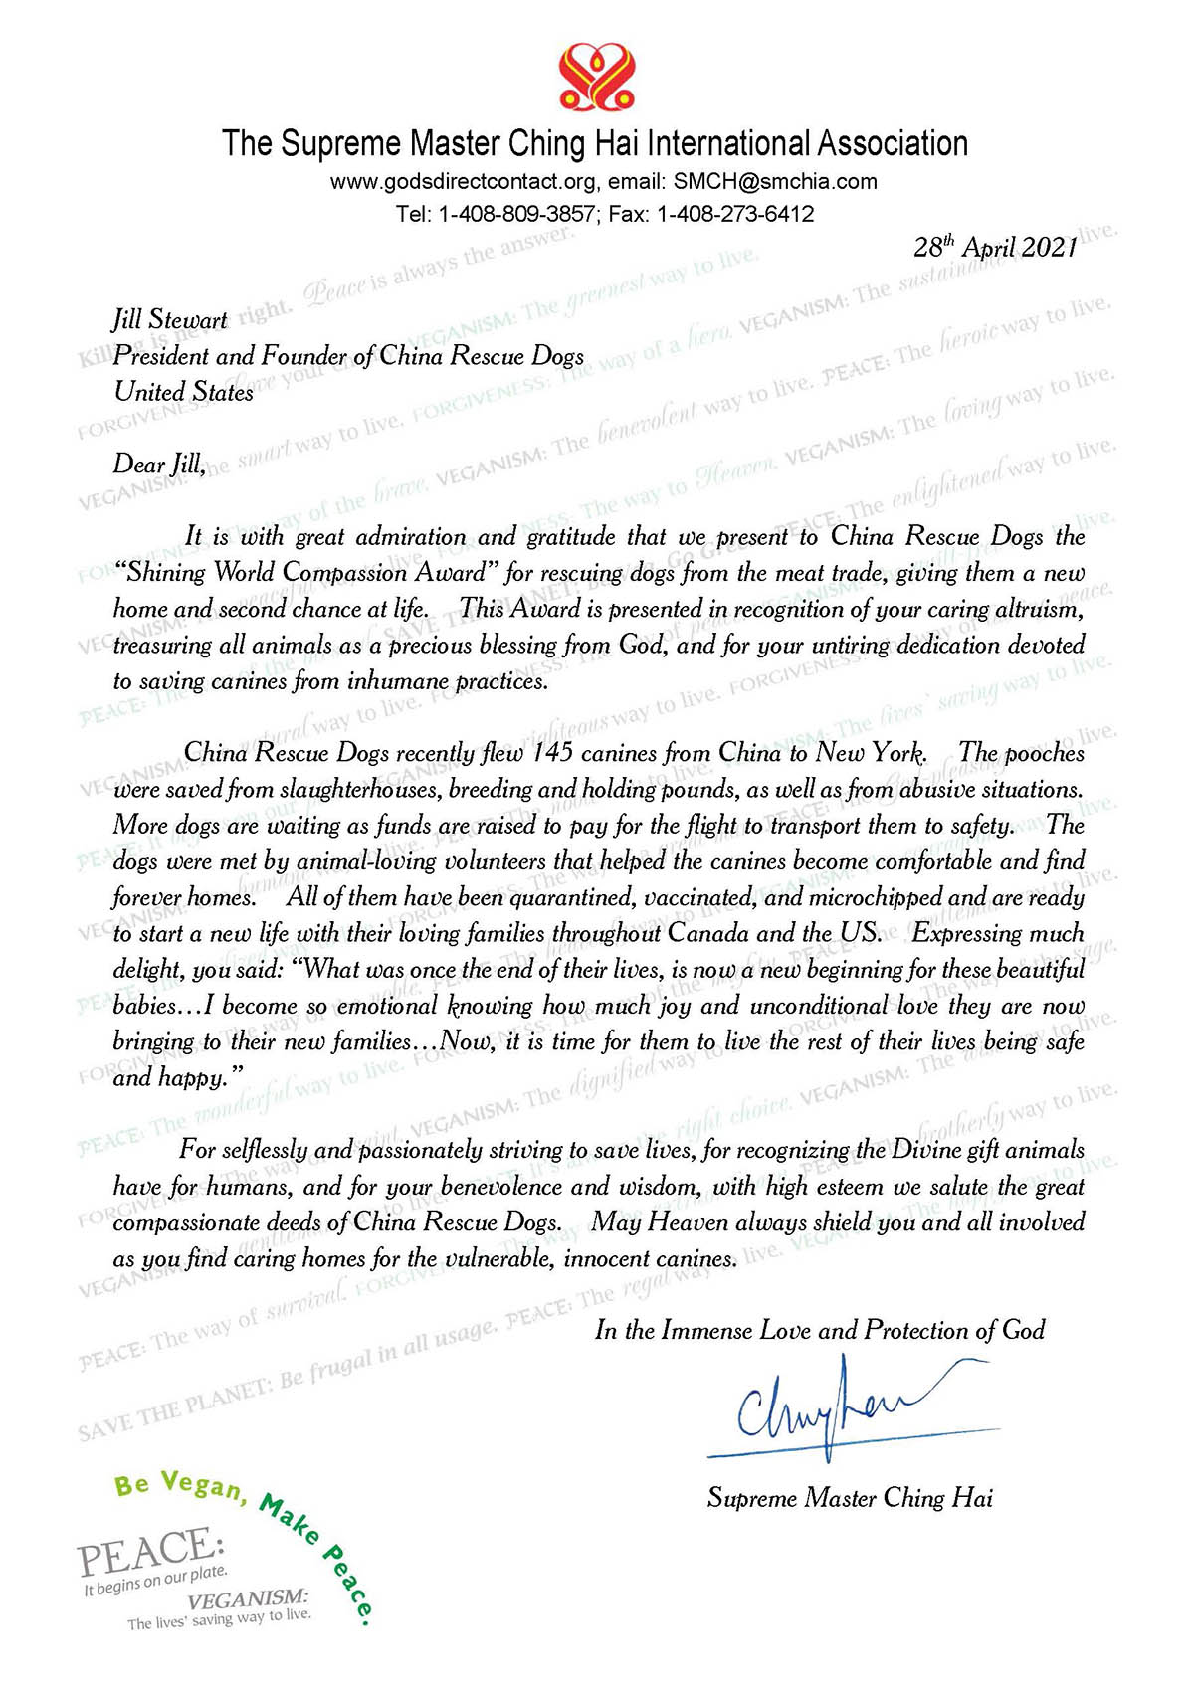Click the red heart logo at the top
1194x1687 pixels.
pyautogui.click(x=596, y=78)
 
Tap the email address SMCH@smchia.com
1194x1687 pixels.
pyautogui.click(x=775, y=181)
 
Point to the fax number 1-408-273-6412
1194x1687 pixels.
pyautogui.click(x=735, y=214)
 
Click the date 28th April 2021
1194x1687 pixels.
pyautogui.click(x=995, y=248)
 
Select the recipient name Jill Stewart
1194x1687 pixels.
pyautogui.click(x=169, y=320)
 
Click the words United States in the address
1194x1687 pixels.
pyautogui.click(x=183, y=392)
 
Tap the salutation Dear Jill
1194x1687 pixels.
pyautogui.click(x=158, y=465)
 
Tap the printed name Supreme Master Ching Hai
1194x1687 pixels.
pyautogui.click(x=850, y=1498)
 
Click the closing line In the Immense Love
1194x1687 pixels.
pyautogui.click(x=820, y=1331)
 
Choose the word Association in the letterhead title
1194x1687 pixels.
pyautogui.click(x=892, y=144)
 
